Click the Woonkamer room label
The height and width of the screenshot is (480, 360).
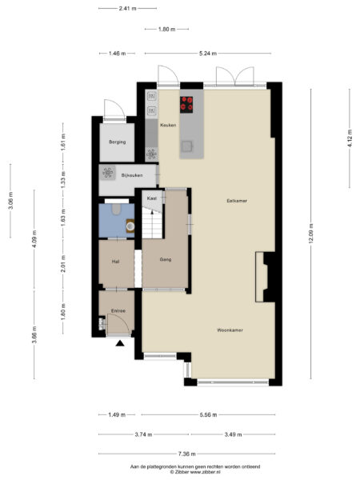[230, 330]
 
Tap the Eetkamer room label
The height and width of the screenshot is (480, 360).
[237, 201]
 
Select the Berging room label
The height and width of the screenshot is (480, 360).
[118, 142]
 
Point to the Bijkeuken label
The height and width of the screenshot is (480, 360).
[132, 175]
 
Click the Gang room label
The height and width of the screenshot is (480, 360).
[166, 259]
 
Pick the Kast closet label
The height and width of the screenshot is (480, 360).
[152, 198]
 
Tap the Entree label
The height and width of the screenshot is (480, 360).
[118, 310]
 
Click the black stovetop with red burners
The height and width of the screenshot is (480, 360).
[186, 105]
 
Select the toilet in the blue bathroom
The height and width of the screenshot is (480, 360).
[116, 210]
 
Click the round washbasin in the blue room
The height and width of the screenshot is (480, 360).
[130, 226]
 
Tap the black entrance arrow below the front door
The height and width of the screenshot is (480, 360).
[120, 343]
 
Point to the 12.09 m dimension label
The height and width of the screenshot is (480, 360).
[311, 234]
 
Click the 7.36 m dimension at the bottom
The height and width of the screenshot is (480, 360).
[186, 454]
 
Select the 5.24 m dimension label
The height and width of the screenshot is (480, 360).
[208, 54]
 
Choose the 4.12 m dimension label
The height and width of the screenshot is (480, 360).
[350, 138]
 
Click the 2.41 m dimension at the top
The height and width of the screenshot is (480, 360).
[128, 9]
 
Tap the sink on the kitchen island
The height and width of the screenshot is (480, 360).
[186, 146]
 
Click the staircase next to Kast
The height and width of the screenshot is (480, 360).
[152, 222]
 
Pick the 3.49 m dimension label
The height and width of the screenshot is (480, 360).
[233, 434]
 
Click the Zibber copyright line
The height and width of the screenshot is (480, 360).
[195, 472]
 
